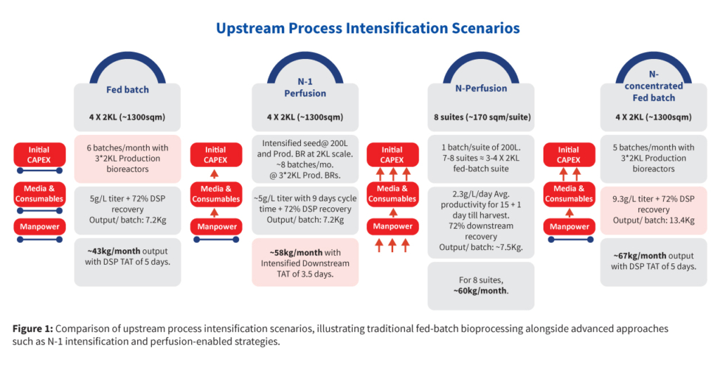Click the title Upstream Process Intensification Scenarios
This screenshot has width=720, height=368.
tap(368, 28)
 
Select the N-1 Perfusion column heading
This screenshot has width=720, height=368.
tap(305, 87)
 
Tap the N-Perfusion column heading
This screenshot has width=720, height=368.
tap(481, 88)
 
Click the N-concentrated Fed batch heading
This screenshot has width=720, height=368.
tap(653, 86)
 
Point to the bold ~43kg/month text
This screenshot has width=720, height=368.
tap(108, 251)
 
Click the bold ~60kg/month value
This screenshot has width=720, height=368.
tap(480, 291)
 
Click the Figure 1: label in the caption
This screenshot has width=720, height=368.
tap(32, 329)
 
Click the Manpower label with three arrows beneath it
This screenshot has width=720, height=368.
tap(392, 226)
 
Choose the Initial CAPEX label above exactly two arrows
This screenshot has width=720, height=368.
tap(568, 155)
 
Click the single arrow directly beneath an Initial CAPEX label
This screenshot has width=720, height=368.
tap(215, 174)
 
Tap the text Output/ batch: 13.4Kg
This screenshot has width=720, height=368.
tap(653, 221)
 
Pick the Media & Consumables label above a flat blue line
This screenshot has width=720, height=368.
tap(39, 194)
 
